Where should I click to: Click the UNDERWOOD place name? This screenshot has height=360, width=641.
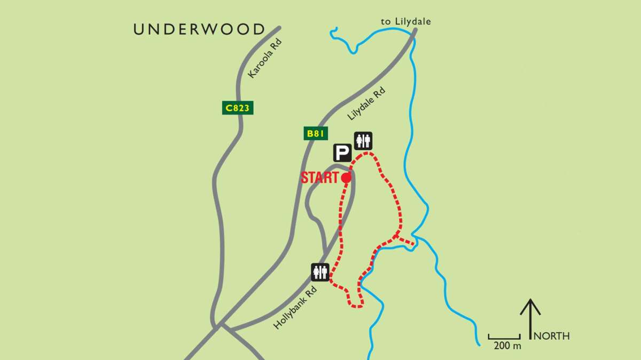[x=199, y=29]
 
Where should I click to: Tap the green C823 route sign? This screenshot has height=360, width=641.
[x=237, y=108]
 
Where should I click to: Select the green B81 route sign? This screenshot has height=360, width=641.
[x=316, y=133]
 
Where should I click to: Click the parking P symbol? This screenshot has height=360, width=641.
[x=342, y=153]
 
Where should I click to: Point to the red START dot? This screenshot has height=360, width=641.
[x=346, y=178]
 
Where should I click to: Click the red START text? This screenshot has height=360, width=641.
[x=319, y=178]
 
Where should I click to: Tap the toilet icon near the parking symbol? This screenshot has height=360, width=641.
[x=363, y=141]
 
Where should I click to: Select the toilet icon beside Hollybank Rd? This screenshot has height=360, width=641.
[x=320, y=272]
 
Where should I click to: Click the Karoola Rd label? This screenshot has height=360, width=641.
[x=265, y=59]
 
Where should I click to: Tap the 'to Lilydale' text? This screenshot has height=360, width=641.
[x=406, y=21]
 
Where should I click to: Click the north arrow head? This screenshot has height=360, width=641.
[x=530, y=303]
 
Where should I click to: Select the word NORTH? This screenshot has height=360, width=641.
[x=552, y=336]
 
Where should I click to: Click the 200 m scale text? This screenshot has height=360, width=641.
[x=507, y=346]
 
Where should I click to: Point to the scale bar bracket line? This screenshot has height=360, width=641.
[x=504, y=338]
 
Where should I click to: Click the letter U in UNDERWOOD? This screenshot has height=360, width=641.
[x=139, y=29]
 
